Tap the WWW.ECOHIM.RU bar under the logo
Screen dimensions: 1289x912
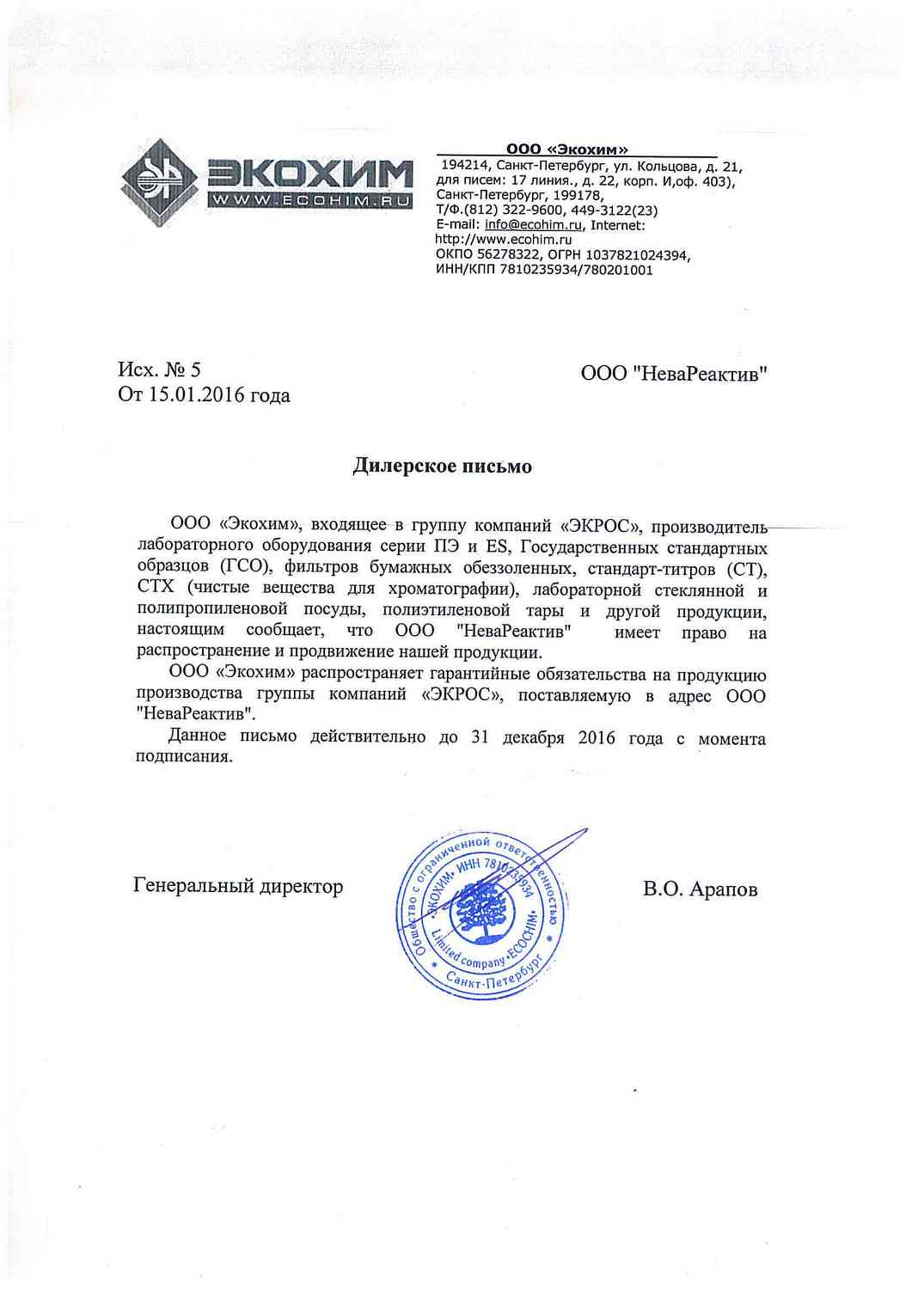(x=309, y=201)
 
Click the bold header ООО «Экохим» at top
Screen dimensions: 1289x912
(x=567, y=150)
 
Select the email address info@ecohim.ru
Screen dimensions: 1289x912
(x=534, y=225)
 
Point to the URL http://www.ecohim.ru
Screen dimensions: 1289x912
(x=504, y=240)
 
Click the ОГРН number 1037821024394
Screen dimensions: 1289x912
(x=637, y=255)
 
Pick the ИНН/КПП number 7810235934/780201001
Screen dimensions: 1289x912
(x=577, y=270)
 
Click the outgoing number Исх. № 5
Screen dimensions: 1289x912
(x=159, y=370)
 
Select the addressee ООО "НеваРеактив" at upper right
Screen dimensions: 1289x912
(x=674, y=374)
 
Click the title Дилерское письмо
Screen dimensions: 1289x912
(x=443, y=467)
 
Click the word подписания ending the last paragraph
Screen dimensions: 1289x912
(x=184, y=757)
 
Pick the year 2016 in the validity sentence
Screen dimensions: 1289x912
(x=597, y=738)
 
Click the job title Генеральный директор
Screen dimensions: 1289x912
(x=238, y=886)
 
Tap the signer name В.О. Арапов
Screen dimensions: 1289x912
(x=700, y=889)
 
